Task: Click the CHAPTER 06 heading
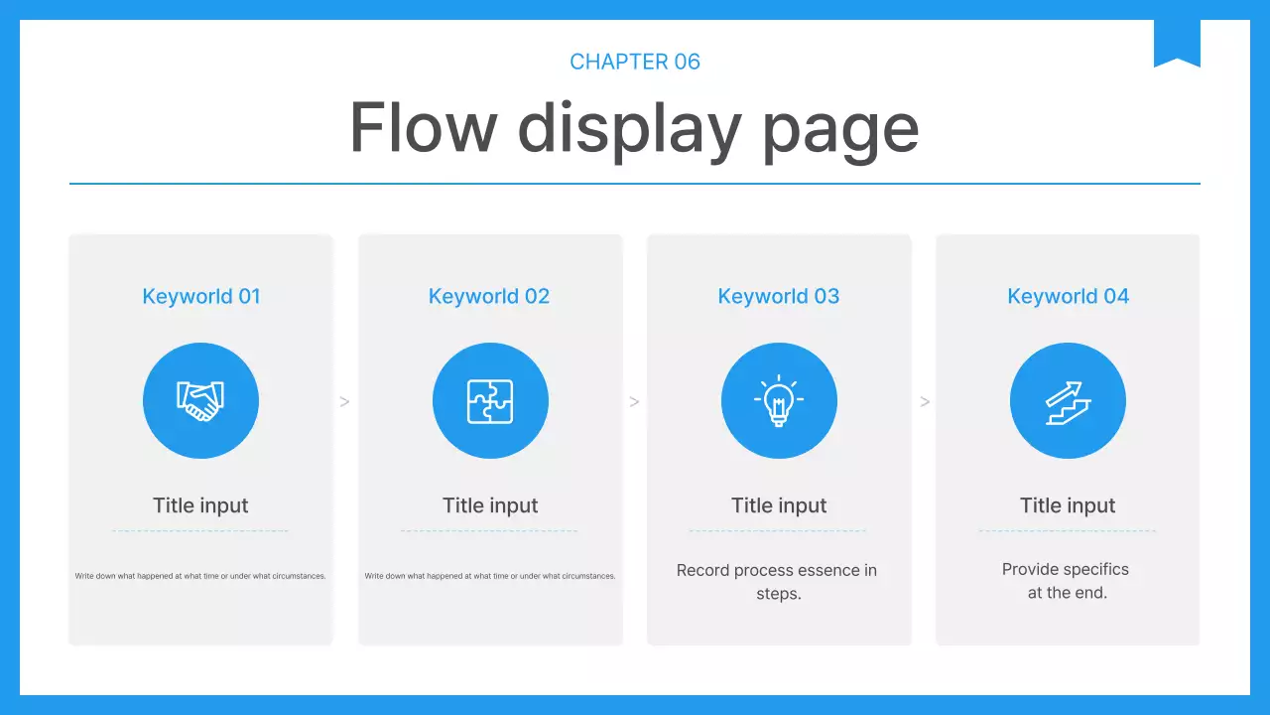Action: click(x=635, y=62)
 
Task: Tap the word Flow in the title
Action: click(x=424, y=127)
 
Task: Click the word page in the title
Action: click(x=840, y=133)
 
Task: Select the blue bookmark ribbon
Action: click(x=1177, y=43)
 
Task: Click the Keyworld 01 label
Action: click(x=201, y=296)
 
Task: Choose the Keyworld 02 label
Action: click(x=489, y=296)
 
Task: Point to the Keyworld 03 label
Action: click(x=779, y=296)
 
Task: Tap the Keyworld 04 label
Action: click(x=1069, y=296)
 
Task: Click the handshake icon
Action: click(x=200, y=401)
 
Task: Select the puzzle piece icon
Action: click(x=490, y=401)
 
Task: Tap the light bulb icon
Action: click(x=779, y=400)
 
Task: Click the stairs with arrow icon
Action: click(x=1069, y=403)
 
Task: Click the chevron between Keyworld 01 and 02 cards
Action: click(x=344, y=402)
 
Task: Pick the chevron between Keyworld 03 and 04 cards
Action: click(x=925, y=402)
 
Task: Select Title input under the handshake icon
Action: click(x=200, y=505)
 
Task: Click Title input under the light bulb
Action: click(x=779, y=505)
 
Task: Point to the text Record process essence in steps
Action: click(x=777, y=582)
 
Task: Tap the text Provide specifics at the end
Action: click(x=1066, y=581)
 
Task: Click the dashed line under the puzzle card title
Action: click(x=489, y=530)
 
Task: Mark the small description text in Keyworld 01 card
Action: click(x=200, y=576)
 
